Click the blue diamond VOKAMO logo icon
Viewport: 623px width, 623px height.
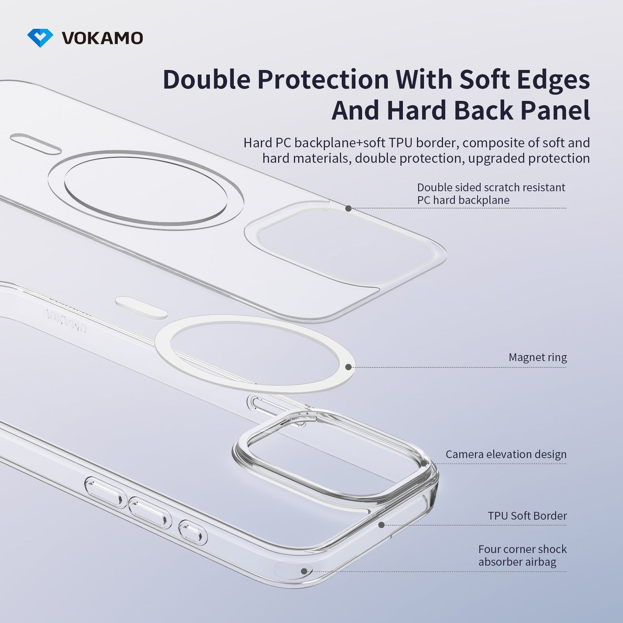pos(40,38)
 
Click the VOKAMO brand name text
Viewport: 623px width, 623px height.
pos(102,38)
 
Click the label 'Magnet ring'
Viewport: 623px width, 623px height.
pos(537,357)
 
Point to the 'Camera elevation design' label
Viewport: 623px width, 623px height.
pos(506,454)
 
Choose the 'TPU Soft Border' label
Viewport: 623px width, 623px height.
pos(527,516)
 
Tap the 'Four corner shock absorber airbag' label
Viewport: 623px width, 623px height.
pos(522,555)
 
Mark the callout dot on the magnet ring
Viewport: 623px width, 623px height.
pos(348,367)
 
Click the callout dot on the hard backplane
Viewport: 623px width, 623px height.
pos(348,208)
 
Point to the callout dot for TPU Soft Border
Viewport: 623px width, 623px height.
pos(381,525)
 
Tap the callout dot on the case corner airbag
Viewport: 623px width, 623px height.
pos(304,571)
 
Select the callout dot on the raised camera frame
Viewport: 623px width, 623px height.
pos(424,464)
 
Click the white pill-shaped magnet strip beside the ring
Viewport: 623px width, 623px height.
pos(141,308)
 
